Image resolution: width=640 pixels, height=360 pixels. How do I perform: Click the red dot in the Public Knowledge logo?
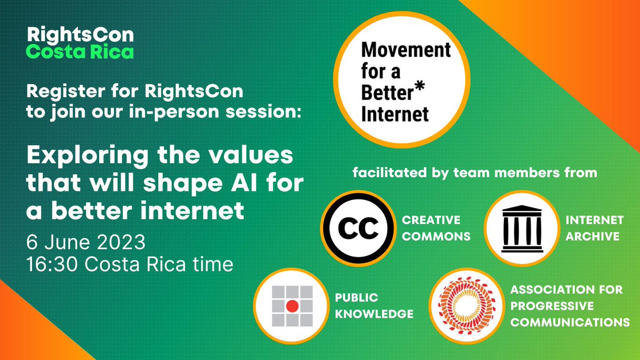291,306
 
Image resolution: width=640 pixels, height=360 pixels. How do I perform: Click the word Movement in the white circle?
406,51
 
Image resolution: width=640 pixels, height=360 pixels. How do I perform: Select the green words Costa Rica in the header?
80,52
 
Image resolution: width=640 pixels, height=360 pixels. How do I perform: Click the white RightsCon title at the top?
80,36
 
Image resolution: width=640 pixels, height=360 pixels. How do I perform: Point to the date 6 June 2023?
86,243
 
